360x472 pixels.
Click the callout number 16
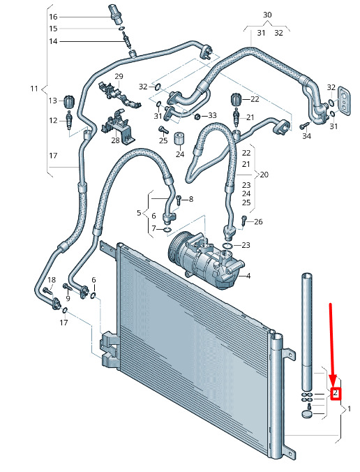click(x=53, y=17)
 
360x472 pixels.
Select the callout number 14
click(x=53, y=41)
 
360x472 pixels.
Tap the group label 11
click(x=34, y=89)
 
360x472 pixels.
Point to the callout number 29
click(x=119, y=76)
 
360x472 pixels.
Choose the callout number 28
click(x=115, y=140)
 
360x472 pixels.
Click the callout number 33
click(x=212, y=115)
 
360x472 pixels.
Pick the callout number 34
click(x=306, y=136)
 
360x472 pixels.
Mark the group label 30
click(x=267, y=15)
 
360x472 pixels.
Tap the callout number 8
click(x=191, y=199)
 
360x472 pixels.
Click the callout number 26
click(x=258, y=222)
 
